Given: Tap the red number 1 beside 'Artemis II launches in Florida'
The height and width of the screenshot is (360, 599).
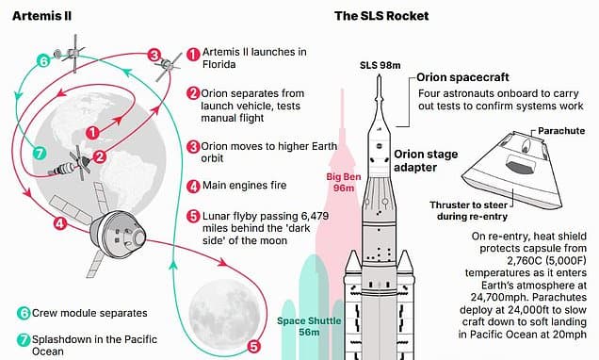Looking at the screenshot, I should click(193, 55).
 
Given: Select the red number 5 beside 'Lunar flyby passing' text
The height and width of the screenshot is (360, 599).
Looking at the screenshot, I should click(193, 216).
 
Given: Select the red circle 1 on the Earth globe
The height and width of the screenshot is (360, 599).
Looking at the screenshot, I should click(92, 133).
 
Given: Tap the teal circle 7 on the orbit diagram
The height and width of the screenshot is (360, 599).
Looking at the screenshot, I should click(39, 154).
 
